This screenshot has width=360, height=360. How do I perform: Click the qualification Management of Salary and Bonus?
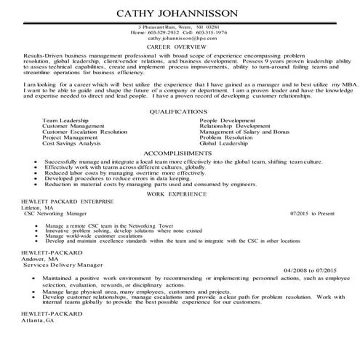[244, 132]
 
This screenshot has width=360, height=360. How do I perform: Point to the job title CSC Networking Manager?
[60, 213]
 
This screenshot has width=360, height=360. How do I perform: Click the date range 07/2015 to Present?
[313, 213]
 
